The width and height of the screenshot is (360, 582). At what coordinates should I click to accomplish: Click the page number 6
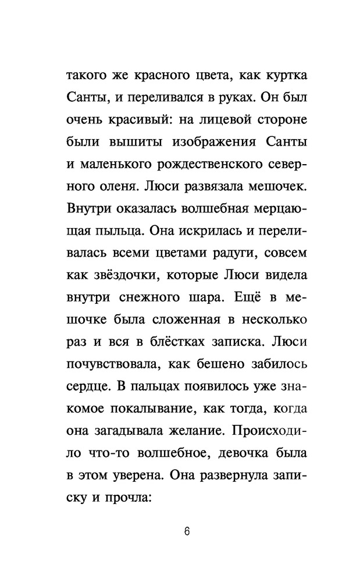pos(187,531)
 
